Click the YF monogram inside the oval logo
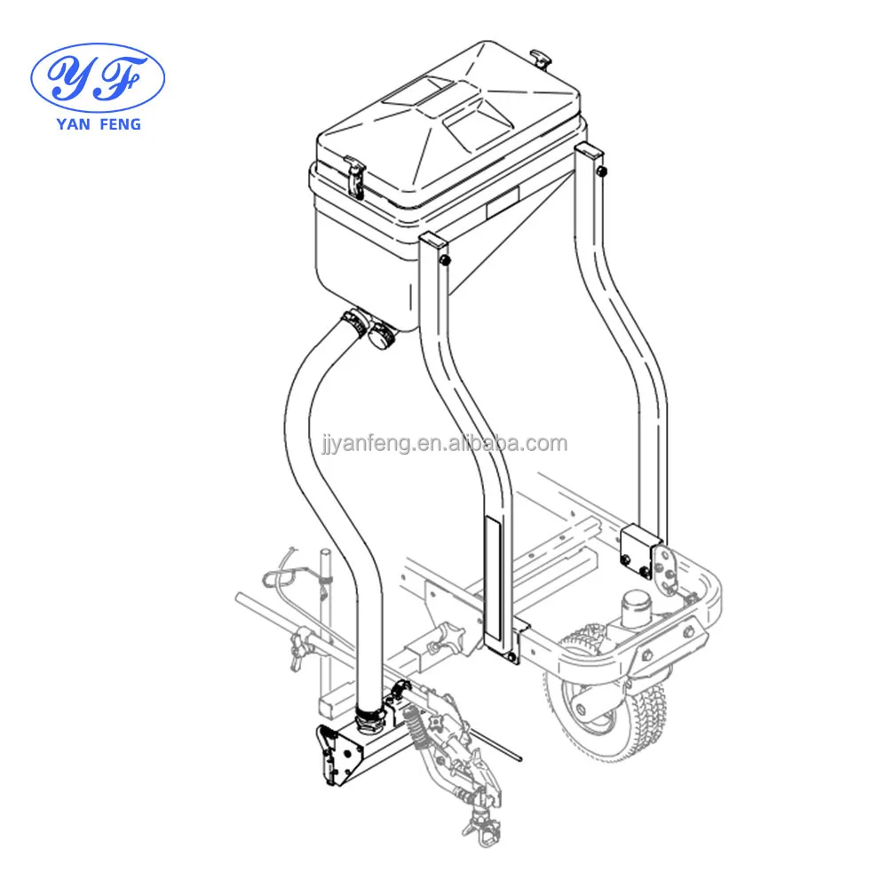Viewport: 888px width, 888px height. (x=97, y=77)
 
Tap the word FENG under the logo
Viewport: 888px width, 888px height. (x=120, y=124)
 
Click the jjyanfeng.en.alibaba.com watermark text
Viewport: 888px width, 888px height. (x=444, y=444)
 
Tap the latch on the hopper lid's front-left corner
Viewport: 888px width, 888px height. (x=356, y=177)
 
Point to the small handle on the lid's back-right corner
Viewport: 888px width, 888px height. (x=540, y=59)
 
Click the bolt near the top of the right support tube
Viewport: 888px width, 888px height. (x=602, y=170)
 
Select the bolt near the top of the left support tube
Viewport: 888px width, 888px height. (x=445, y=260)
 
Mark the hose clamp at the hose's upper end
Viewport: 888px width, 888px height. (x=354, y=322)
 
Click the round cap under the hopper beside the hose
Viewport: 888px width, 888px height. (x=381, y=337)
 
